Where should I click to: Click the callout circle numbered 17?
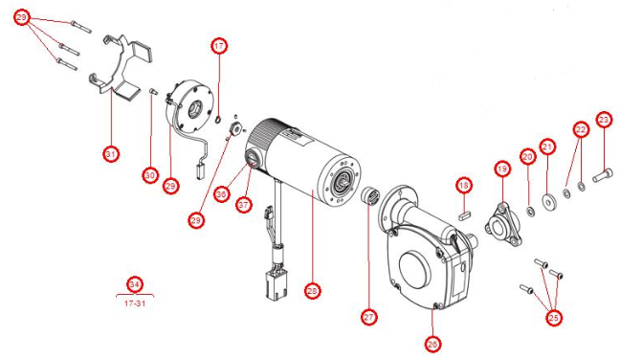(x=219, y=46)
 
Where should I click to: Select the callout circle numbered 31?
(x=111, y=152)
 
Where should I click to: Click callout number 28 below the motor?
(x=311, y=290)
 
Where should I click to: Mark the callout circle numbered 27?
(x=369, y=316)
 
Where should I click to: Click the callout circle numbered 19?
(x=503, y=169)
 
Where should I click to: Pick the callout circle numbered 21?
(x=547, y=146)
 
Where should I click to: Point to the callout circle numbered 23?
(x=604, y=120)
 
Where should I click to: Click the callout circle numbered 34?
(x=135, y=284)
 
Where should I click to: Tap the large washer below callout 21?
(x=549, y=201)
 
